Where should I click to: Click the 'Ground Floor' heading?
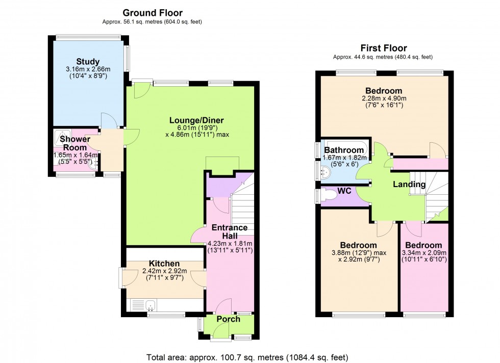point(152,13)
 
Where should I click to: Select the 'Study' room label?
point(88,62)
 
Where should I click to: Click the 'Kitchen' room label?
point(165,263)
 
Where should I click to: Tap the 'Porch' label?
point(228,320)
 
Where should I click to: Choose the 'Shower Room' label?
point(75,143)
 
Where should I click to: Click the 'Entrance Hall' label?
point(230,231)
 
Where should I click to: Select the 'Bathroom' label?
point(344,150)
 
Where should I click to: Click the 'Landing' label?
point(409,184)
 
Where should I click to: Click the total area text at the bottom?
point(247,356)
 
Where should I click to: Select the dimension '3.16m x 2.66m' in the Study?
point(88,70)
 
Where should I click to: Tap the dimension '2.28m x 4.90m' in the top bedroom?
point(385,98)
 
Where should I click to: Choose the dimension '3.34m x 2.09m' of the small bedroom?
point(424,252)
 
